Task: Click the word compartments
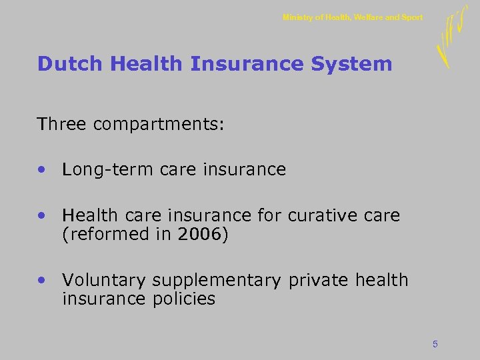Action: click(159, 124)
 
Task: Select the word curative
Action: click(321, 215)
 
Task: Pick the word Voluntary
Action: click(104, 281)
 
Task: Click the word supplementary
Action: click(217, 281)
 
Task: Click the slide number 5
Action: click(435, 344)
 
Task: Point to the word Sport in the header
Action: click(412, 17)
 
